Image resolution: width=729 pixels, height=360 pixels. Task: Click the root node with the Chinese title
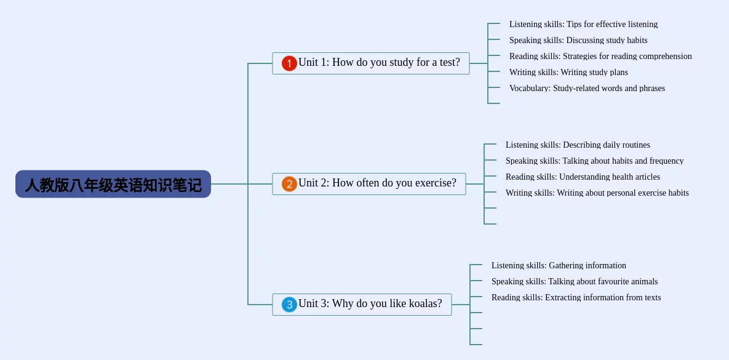113,185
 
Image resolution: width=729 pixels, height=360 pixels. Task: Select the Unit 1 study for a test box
370,63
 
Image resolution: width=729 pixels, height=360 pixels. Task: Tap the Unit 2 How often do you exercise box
368,183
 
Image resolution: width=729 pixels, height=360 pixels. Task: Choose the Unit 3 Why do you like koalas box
362,304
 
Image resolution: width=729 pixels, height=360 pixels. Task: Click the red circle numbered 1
289,63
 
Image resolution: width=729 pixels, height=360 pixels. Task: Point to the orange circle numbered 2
289,184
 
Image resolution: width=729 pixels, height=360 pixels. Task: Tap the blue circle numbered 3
289,305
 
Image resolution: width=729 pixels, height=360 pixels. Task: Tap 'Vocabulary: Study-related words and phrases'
587,89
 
